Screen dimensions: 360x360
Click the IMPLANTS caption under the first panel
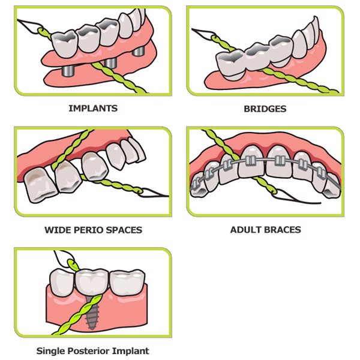[x=92, y=109]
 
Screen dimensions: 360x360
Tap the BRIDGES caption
[x=265, y=109]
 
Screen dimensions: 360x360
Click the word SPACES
[x=124, y=230]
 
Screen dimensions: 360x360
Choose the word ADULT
[x=245, y=230]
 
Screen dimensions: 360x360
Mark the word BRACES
[x=282, y=230]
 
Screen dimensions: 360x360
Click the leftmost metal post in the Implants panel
[x=68, y=70]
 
